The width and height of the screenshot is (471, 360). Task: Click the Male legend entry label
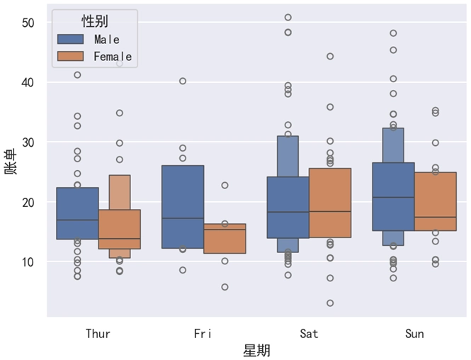point(106,39)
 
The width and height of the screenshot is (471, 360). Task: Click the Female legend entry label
point(112,56)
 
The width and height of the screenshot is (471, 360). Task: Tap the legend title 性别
point(95,21)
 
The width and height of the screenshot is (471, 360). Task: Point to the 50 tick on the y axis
point(28,23)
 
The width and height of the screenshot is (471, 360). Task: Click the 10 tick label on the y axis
point(28,262)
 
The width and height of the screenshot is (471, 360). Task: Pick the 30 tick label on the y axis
point(28,142)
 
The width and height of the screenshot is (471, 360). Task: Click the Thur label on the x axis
point(98,333)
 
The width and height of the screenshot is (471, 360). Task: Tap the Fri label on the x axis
point(203,333)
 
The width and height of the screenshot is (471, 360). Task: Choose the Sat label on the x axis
point(309,333)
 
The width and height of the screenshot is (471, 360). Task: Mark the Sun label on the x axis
point(414,333)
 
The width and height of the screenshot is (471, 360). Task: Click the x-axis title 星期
point(256,350)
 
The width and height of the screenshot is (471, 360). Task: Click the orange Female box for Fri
point(225,239)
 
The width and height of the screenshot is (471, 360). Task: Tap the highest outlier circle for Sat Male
point(288,17)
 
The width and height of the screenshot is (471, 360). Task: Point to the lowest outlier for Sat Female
point(330,303)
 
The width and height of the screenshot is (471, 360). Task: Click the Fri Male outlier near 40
point(183,81)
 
